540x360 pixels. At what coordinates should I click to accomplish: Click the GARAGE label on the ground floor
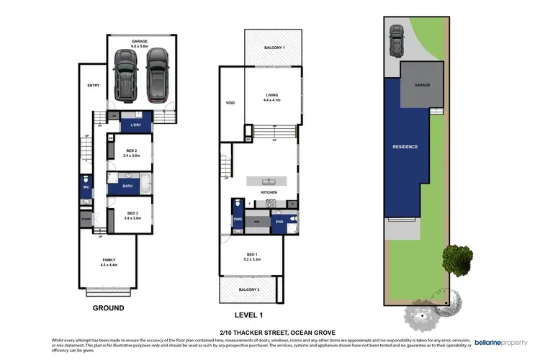140,42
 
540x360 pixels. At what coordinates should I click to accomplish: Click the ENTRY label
93,86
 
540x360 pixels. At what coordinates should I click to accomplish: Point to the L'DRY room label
135,125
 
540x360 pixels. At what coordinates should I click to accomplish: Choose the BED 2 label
131,150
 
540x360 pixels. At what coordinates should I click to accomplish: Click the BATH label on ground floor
127,186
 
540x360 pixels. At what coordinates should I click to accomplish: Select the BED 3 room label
131,213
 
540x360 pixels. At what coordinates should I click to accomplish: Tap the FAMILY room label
109,260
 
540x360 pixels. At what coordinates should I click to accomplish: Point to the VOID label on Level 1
230,103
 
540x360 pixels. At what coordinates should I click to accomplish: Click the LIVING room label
271,95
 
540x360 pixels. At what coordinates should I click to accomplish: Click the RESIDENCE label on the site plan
405,147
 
